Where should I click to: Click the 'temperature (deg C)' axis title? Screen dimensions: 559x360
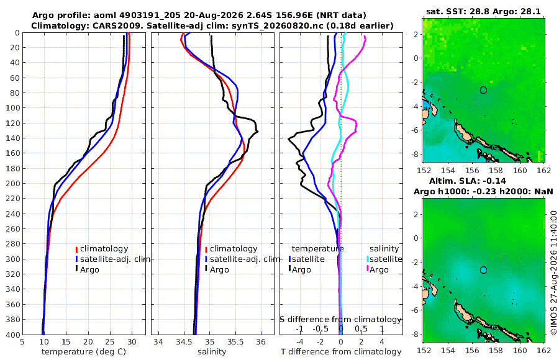84,352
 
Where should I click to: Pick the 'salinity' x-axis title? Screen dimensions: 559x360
212,352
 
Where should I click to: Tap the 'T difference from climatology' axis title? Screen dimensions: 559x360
341,352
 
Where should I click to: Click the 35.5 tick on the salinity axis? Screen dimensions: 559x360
235,341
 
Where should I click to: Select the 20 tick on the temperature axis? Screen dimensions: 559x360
88,341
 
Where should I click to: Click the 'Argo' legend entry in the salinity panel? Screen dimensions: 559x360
219,270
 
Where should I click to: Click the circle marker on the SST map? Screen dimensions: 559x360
483,90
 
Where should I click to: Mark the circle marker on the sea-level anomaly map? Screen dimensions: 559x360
483,270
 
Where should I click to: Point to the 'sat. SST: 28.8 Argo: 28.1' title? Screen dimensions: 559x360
483,11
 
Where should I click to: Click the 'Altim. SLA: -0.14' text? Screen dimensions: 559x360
467,181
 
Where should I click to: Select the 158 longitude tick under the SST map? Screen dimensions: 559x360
496,171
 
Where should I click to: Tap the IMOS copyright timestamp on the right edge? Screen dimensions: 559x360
553,272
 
